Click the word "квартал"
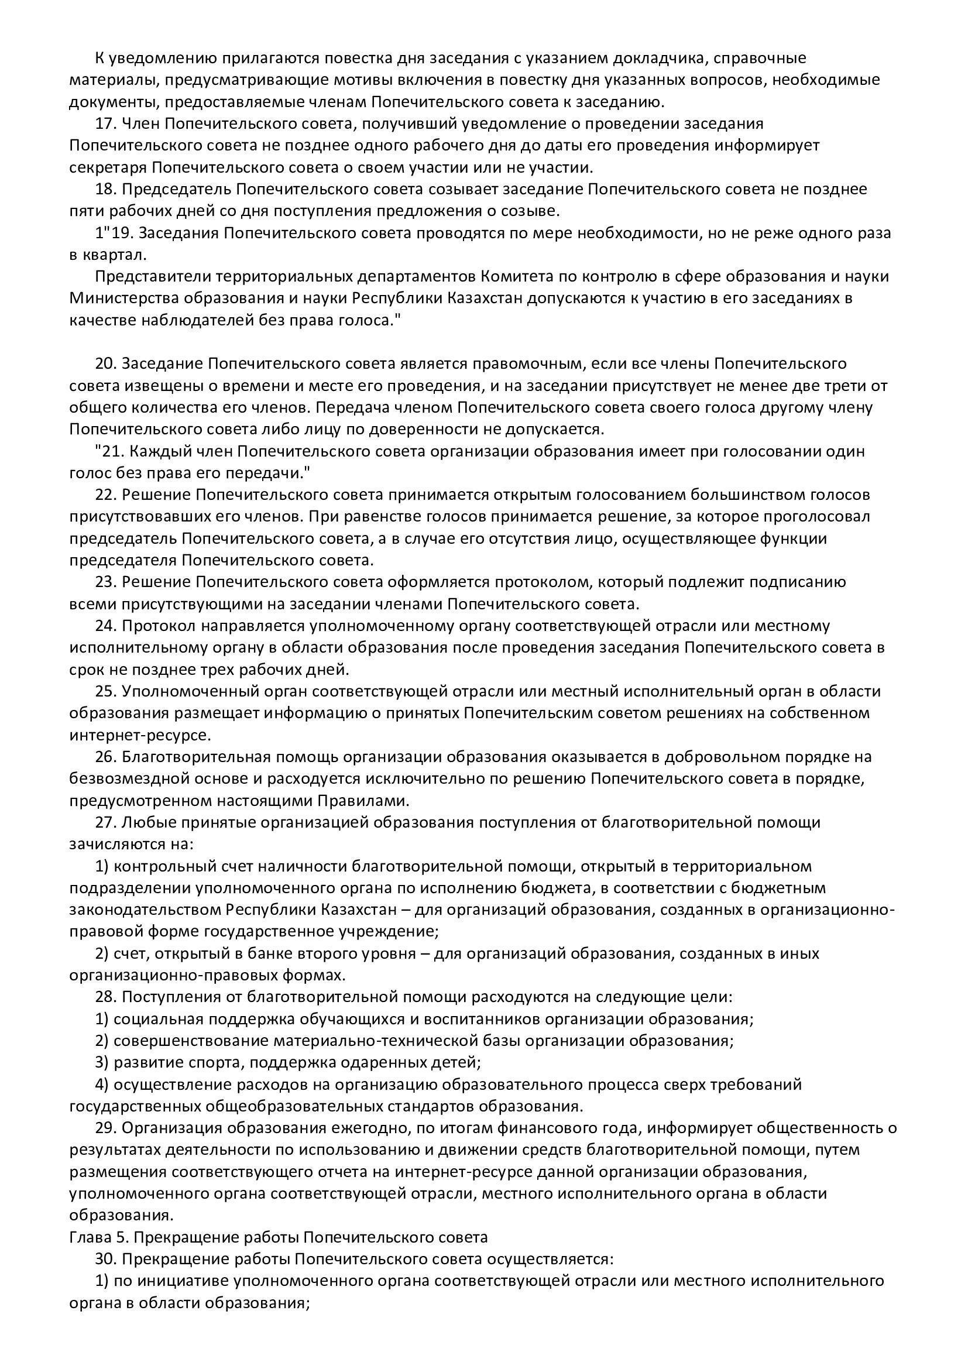pos(116,255)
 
